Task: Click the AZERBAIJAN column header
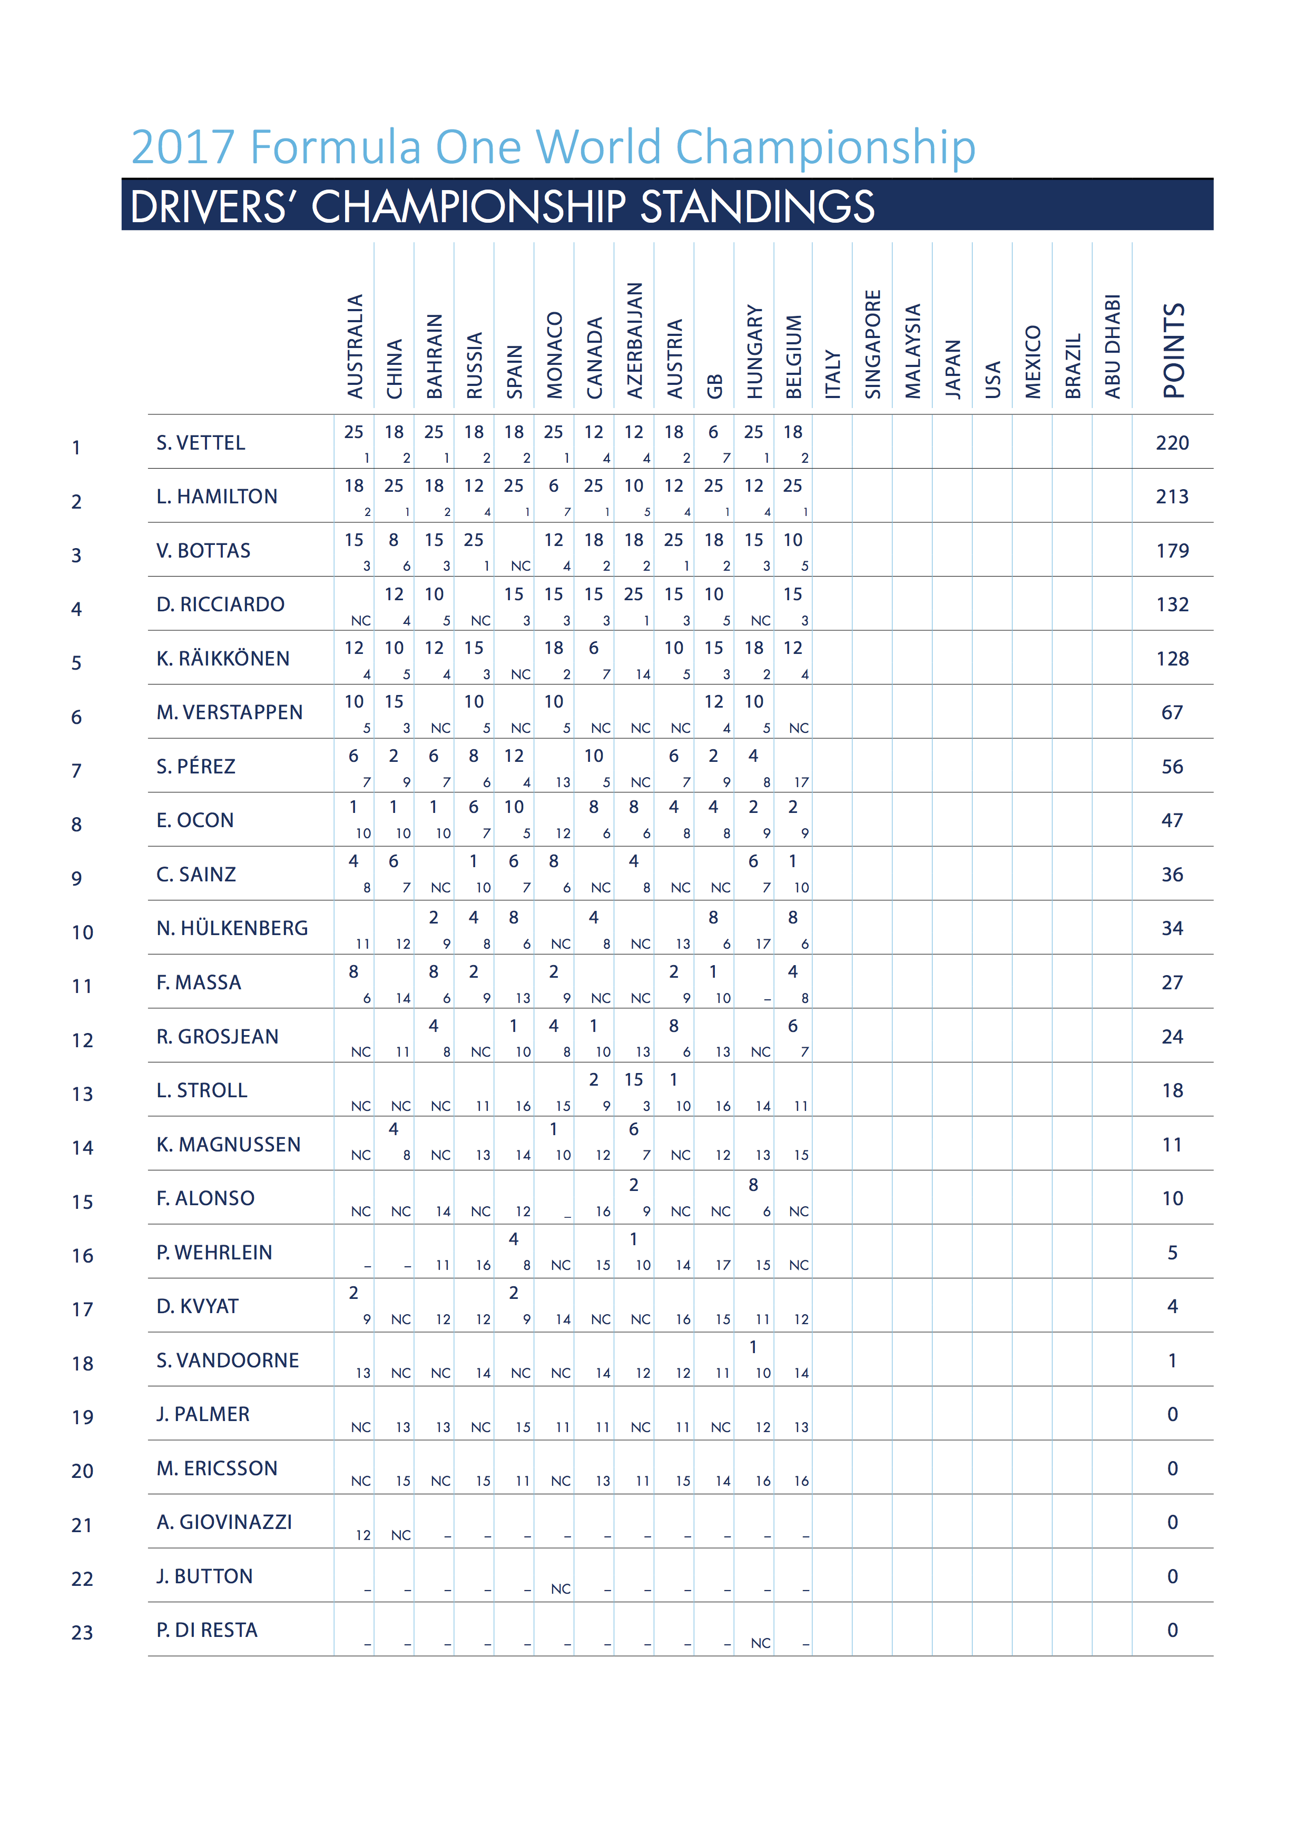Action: click(x=635, y=340)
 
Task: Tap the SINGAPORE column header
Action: click(x=873, y=344)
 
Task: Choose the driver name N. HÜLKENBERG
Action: click(x=232, y=928)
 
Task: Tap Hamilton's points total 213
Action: click(x=1172, y=496)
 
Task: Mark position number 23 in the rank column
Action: click(x=82, y=1632)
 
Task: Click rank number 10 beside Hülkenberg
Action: click(x=82, y=932)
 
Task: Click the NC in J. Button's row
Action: click(x=561, y=1589)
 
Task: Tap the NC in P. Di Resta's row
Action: click(x=760, y=1643)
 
